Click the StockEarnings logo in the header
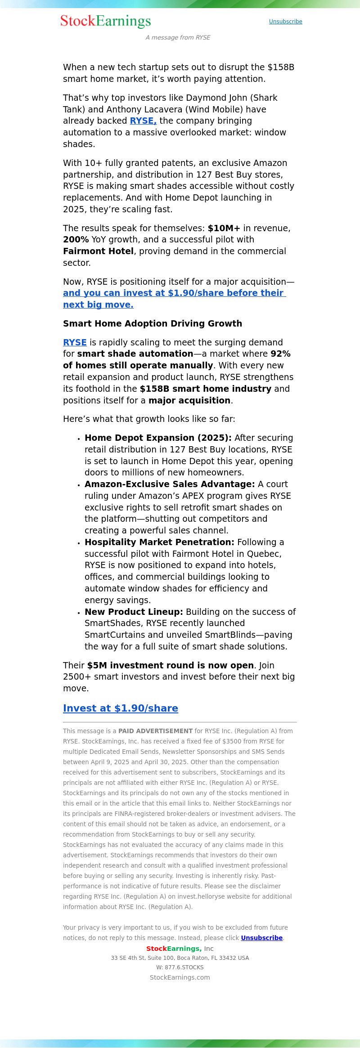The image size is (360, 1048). (x=106, y=21)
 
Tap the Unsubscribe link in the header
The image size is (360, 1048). (x=285, y=22)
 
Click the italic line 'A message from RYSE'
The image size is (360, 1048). (x=178, y=37)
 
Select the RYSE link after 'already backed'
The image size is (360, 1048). (x=143, y=121)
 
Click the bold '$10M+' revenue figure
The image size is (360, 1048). (x=224, y=228)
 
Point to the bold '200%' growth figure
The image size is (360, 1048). (x=76, y=240)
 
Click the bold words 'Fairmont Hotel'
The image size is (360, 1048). (x=98, y=251)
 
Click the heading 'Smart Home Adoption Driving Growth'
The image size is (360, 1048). (x=153, y=324)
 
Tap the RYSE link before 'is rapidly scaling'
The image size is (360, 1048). (x=75, y=343)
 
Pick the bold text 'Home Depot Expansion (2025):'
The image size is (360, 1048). (x=158, y=438)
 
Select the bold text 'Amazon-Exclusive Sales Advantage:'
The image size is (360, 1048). (x=170, y=484)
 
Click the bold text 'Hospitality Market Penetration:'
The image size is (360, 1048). (x=159, y=542)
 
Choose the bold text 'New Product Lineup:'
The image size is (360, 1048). (x=134, y=612)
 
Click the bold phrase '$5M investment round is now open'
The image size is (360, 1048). (x=171, y=666)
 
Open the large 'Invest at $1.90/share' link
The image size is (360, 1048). (x=121, y=708)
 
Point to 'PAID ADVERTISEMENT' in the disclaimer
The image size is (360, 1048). (x=155, y=731)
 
